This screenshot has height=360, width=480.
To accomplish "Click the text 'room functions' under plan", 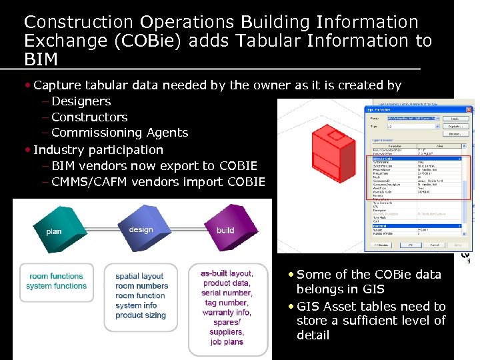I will pyautogui.click(x=56, y=276).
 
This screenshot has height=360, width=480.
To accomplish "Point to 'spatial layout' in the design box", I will pyautogui.click(x=139, y=276).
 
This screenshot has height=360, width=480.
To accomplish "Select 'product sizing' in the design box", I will pyautogui.click(x=140, y=315).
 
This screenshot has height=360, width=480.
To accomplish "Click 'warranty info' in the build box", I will pyautogui.click(x=226, y=312).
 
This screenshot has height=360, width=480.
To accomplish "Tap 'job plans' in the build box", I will pyautogui.click(x=226, y=341).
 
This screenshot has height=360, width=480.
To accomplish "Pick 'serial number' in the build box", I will pyautogui.click(x=226, y=293).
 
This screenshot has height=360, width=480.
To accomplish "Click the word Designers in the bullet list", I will pyautogui.click(x=81, y=101).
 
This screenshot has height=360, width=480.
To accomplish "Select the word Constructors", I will pyautogui.click(x=89, y=117).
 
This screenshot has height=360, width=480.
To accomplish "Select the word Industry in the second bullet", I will pyautogui.click(x=59, y=150).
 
